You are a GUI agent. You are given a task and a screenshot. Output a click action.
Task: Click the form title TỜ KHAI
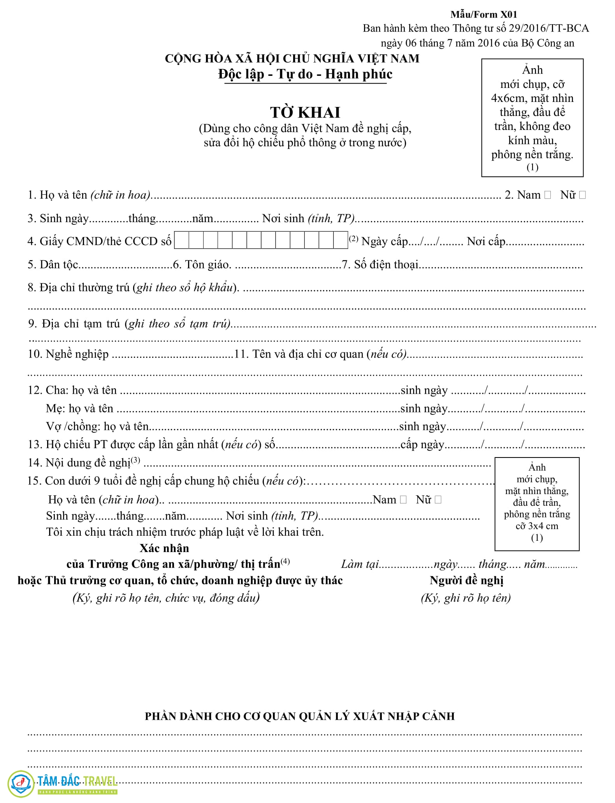pyautogui.click(x=305, y=112)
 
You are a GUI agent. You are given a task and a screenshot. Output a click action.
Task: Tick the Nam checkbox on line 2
pyautogui.click(x=548, y=195)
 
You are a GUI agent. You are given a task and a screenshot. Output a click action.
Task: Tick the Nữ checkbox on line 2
pyautogui.click(x=582, y=195)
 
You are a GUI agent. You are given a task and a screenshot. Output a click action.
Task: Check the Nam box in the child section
pyautogui.click(x=403, y=500)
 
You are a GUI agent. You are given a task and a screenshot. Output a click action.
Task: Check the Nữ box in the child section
pyautogui.click(x=438, y=500)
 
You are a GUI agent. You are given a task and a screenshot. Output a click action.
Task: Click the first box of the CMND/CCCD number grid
pyautogui.click(x=182, y=240)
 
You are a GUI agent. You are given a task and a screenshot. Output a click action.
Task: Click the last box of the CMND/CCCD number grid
pyautogui.click(x=341, y=240)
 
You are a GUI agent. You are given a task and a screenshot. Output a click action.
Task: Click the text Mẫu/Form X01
pyautogui.click(x=484, y=15)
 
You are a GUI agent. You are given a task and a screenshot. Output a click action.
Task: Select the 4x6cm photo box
pyautogui.click(x=532, y=118)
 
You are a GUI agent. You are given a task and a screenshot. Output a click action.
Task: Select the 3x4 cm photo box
pyautogui.click(x=537, y=504)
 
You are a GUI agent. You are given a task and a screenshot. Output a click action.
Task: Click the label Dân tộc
pyautogui.click(x=59, y=265)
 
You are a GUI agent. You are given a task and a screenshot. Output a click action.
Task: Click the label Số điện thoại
pyautogui.click(x=386, y=265)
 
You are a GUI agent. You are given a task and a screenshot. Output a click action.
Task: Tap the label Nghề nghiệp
pyautogui.click(x=77, y=354)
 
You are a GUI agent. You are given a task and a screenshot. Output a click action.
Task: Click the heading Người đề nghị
pyautogui.click(x=466, y=580)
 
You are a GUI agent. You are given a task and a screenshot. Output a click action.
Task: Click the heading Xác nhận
pyautogui.click(x=164, y=548)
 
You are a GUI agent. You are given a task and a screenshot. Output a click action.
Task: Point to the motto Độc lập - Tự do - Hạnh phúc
pyautogui.click(x=305, y=74)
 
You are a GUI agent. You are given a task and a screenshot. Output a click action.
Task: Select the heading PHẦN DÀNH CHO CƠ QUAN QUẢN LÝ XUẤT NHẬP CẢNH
pyautogui.click(x=299, y=716)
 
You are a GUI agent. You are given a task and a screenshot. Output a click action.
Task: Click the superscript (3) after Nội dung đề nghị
pyautogui.click(x=135, y=460)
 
